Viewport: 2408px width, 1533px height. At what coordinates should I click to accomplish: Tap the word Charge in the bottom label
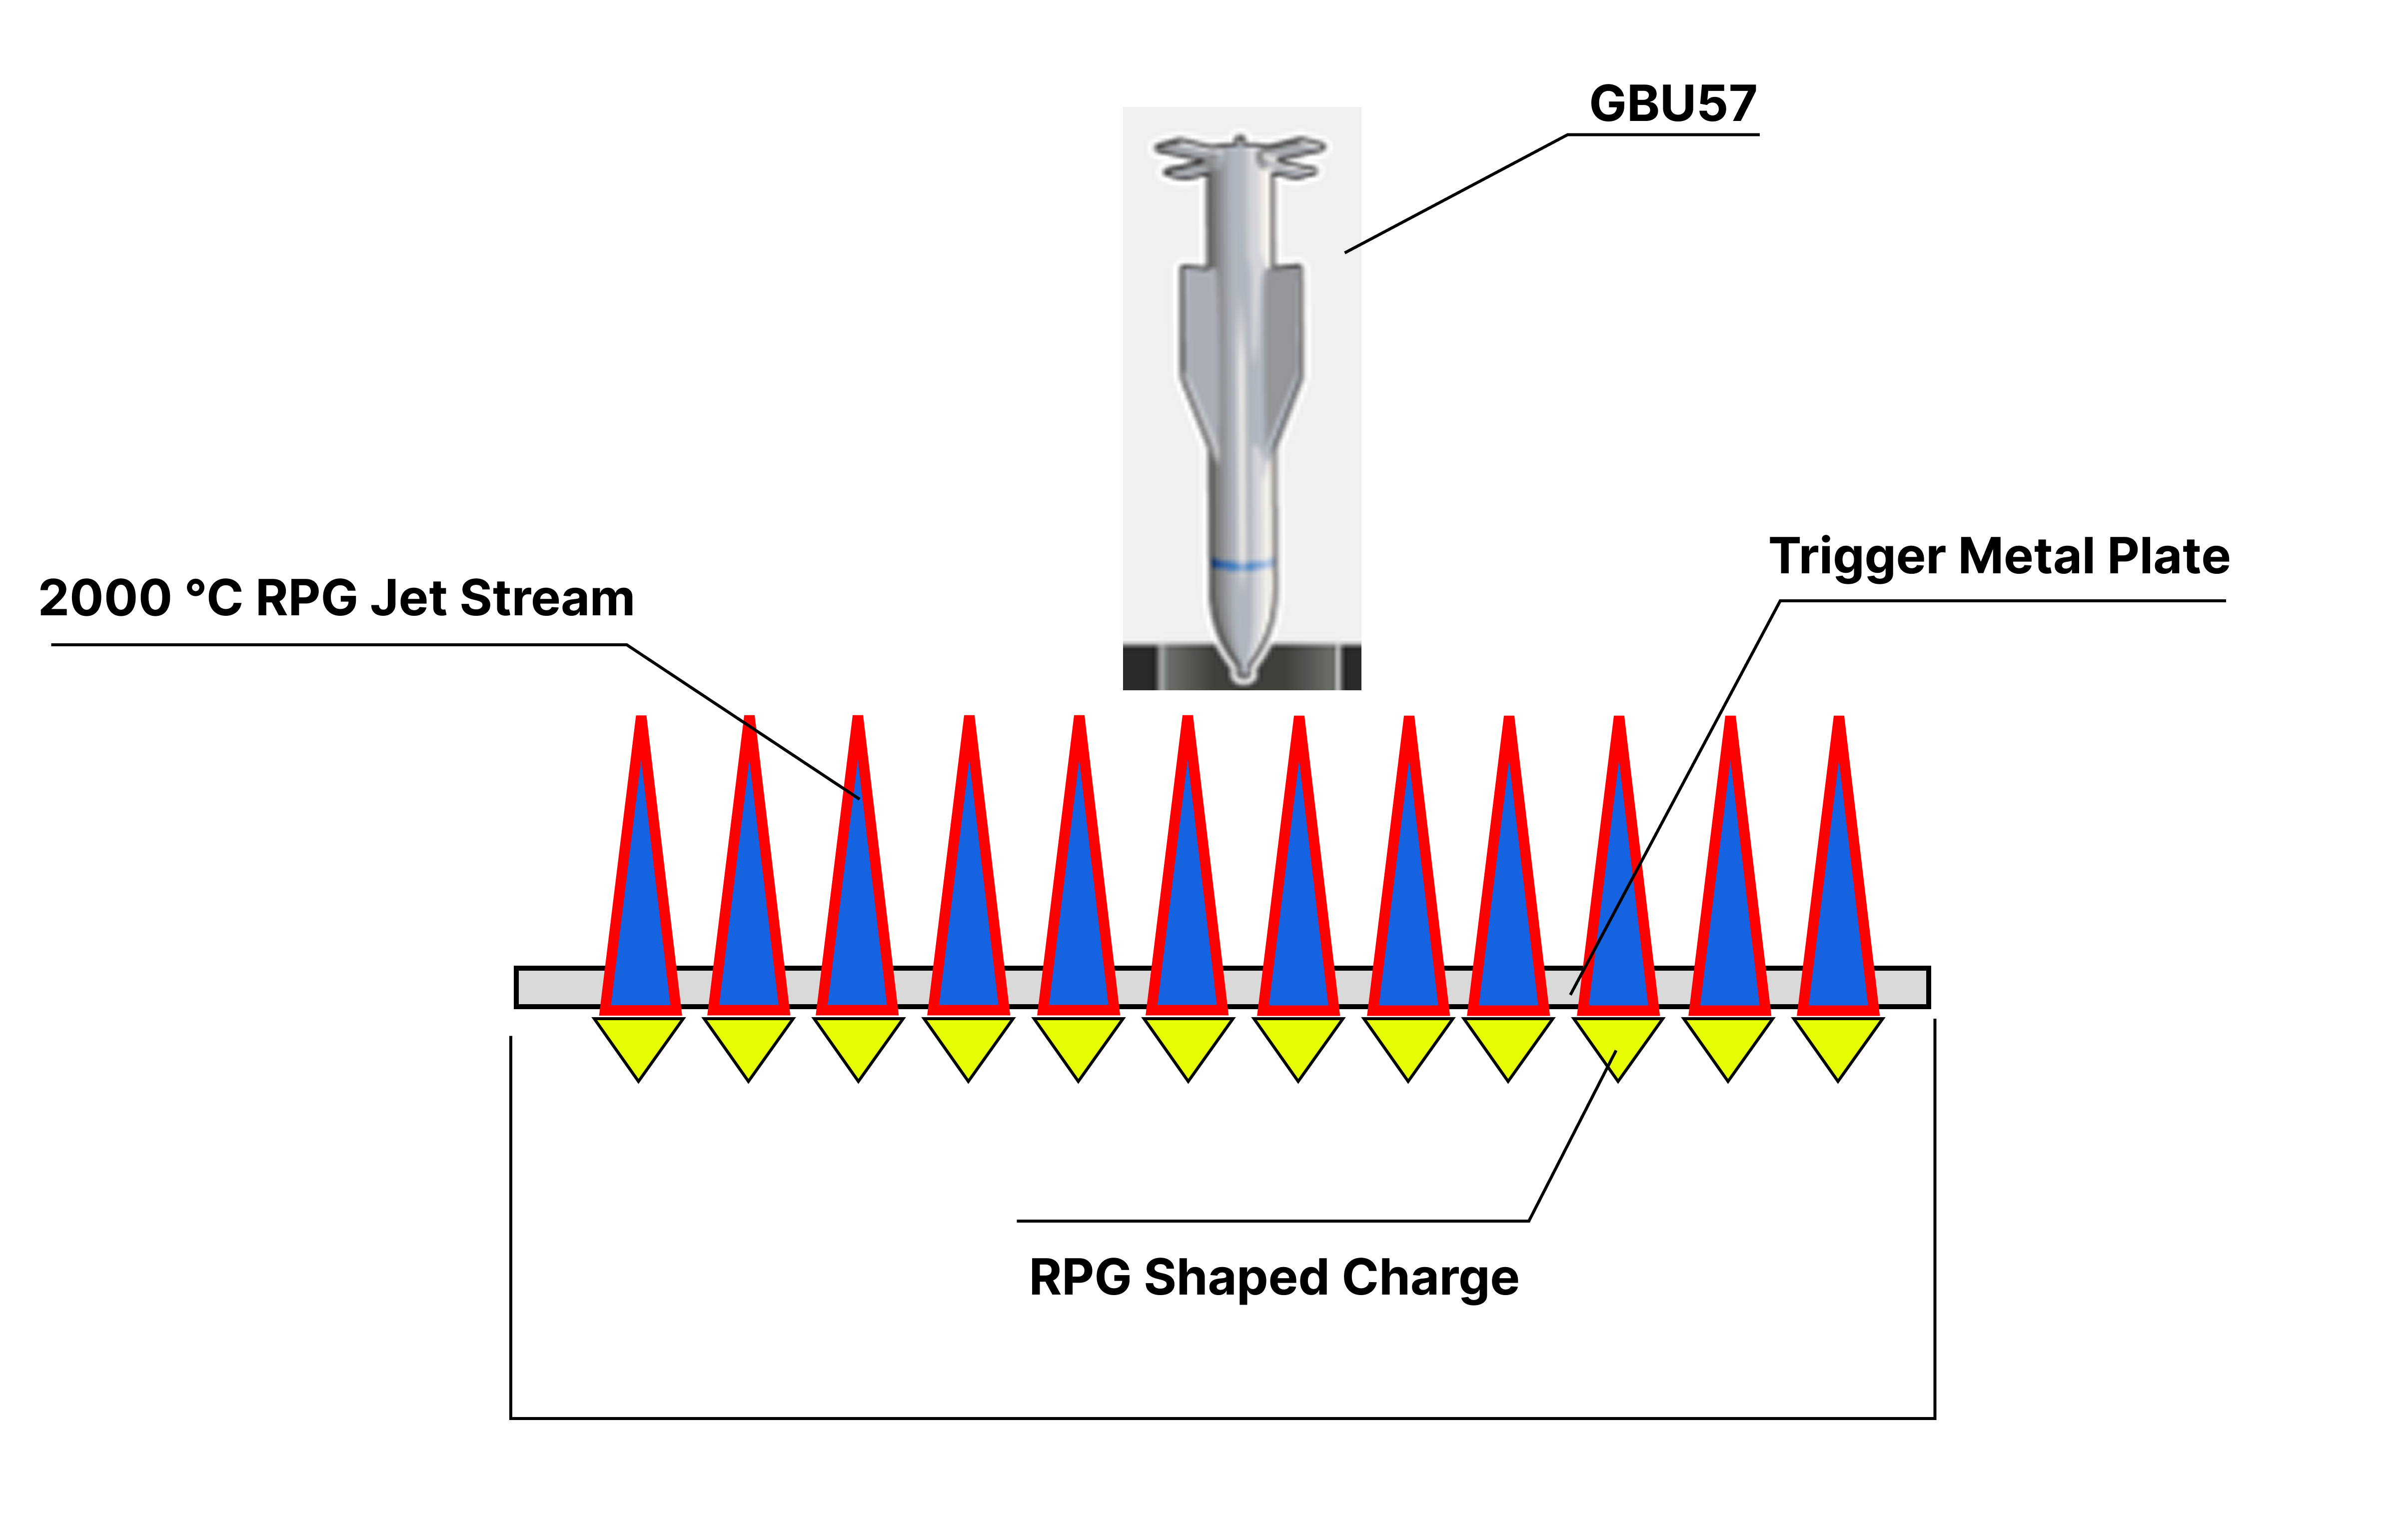tap(1430, 1278)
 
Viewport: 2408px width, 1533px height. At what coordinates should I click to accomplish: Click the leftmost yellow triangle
tap(639, 1042)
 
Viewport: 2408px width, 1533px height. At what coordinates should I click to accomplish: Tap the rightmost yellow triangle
tap(1838, 1042)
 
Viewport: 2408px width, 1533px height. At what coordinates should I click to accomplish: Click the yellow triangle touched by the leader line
tap(1618, 1042)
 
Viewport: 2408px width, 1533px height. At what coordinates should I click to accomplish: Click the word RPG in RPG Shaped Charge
tap(1080, 1278)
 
